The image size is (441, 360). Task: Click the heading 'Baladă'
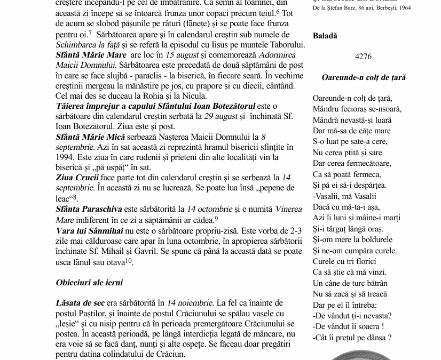[x=325, y=36]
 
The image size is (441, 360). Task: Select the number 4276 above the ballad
[x=363, y=57]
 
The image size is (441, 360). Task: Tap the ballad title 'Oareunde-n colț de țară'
[x=364, y=77]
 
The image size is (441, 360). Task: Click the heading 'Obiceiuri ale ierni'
[x=89, y=282]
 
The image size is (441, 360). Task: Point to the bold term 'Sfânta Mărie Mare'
[x=91, y=55]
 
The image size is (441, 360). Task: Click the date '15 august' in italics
[x=184, y=55]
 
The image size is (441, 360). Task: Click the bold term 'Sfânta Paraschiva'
[x=89, y=209]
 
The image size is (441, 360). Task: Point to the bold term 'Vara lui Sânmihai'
[x=89, y=230]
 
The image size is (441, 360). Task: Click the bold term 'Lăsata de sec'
[x=80, y=303]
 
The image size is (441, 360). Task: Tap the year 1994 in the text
[x=65, y=157]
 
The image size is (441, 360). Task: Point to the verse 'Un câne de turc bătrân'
[x=350, y=283]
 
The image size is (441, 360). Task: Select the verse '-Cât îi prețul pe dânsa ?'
[x=352, y=337]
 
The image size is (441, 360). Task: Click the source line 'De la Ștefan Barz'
[x=362, y=8]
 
